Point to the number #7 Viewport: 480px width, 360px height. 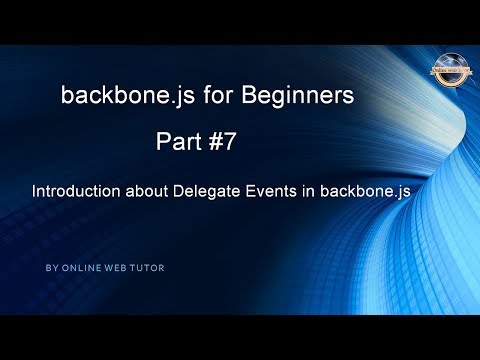[x=228, y=143]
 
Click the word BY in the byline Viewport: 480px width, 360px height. [x=51, y=269]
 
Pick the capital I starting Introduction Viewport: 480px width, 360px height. [x=36, y=189]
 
